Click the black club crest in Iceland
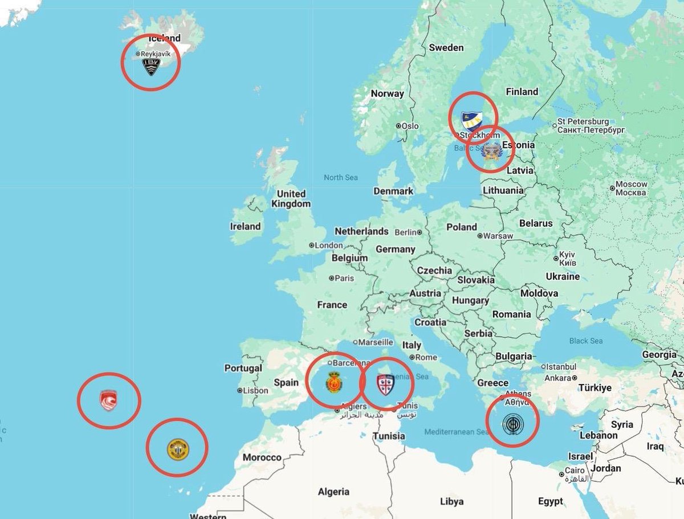tap(151, 67)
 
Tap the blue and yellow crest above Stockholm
tap(472, 120)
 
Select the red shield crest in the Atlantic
tap(108, 399)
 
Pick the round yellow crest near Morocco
tap(177, 448)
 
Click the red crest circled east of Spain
tap(333, 382)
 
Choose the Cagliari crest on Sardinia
tap(386, 386)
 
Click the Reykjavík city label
tap(155, 54)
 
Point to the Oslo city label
tap(410, 126)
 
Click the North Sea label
tap(341, 178)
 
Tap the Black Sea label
tap(586, 341)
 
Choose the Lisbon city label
tap(255, 391)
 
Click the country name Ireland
tap(245, 226)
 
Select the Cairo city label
tap(575, 471)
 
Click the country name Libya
tap(451, 501)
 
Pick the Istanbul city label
tap(563, 366)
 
